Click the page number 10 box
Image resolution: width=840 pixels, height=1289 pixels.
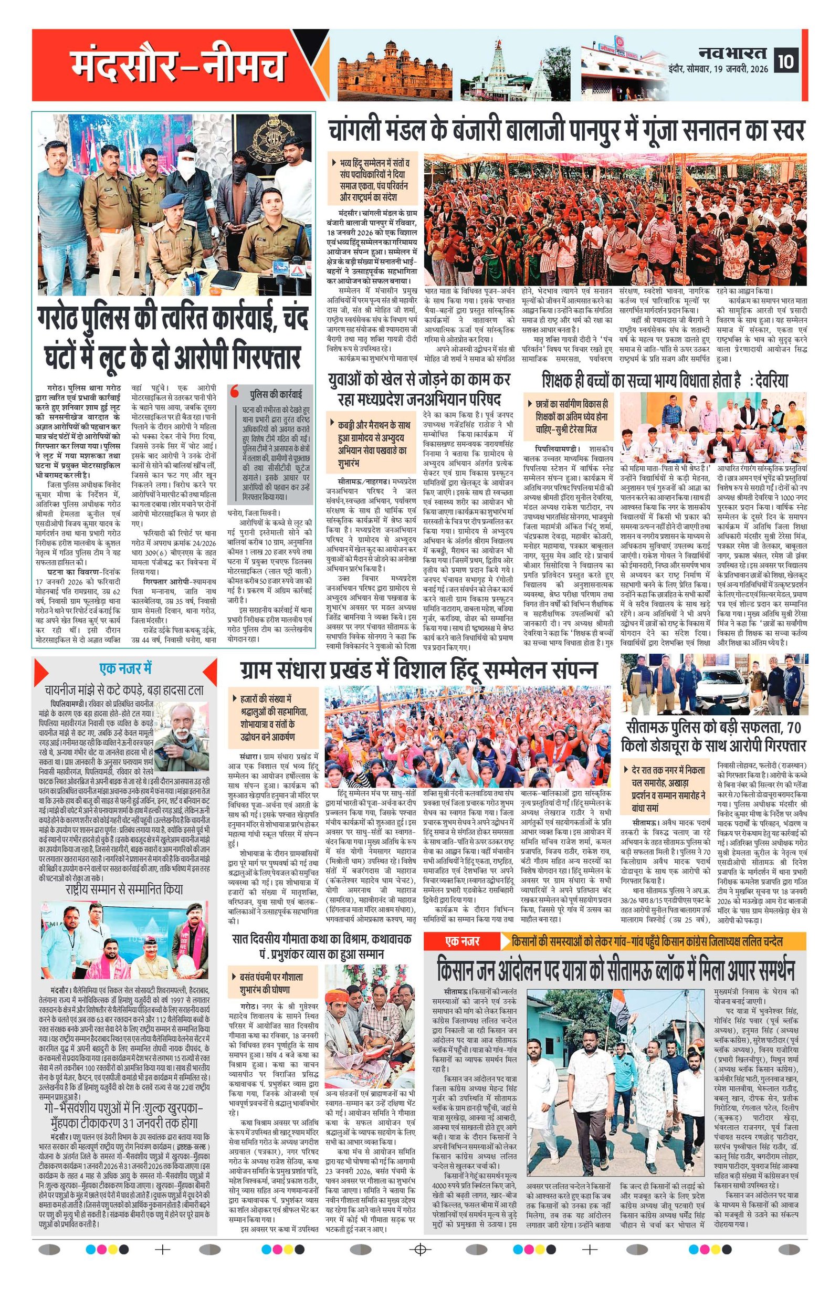[786, 61]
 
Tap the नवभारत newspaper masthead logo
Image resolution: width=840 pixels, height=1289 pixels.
[732, 53]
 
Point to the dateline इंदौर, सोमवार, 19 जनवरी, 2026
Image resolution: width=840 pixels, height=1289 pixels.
[719, 69]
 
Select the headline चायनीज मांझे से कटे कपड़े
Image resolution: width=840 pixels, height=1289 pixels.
[124, 689]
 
